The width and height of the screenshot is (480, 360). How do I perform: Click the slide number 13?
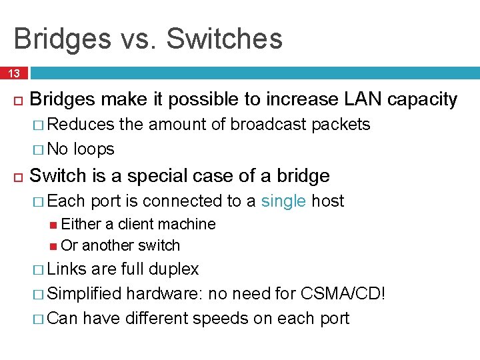click(14, 73)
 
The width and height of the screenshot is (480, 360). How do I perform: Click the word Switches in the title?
click(224, 39)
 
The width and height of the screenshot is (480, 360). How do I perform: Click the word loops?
click(93, 149)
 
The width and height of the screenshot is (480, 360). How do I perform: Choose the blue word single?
click(284, 201)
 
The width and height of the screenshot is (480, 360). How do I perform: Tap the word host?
click(329, 201)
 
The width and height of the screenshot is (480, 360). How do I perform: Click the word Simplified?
click(85, 293)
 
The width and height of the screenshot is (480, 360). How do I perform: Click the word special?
click(157, 176)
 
